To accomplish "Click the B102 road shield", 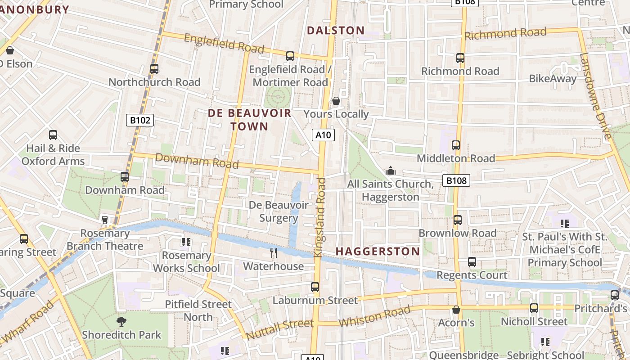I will tap(140, 120).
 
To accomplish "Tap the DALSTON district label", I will tap(336, 31).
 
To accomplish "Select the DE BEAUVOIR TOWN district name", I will tap(249, 120).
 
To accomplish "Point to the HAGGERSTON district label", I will tap(378, 251).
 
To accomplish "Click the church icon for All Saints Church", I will tap(390, 171).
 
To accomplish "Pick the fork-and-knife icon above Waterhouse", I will tap(274, 253).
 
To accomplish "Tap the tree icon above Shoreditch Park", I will tap(121, 321).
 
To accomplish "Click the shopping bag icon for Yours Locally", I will tap(336, 101).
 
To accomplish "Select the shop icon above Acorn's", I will tap(456, 310).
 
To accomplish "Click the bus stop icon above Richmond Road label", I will tap(460, 58).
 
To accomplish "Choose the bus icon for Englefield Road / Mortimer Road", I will tap(290, 56).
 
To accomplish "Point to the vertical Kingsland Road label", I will tap(320, 218).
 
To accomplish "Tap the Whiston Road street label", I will tap(374, 317).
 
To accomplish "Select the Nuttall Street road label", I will tap(279, 329).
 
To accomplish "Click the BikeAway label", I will tap(553, 79).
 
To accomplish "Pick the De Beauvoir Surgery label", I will tap(279, 211).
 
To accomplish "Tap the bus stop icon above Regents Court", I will tap(472, 262).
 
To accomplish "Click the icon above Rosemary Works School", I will tap(186, 242).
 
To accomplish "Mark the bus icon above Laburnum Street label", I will tap(315, 287).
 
